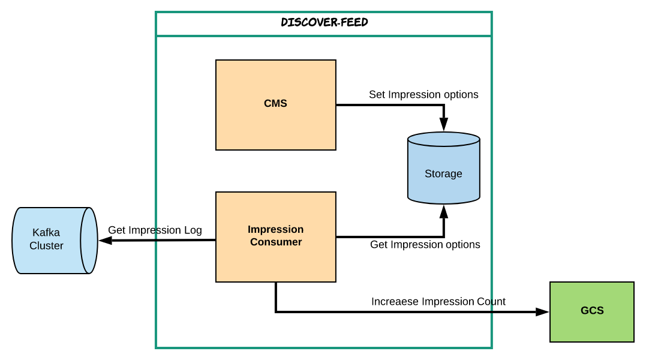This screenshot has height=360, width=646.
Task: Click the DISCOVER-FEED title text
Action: click(324, 22)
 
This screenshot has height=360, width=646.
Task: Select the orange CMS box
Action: click(276, 105)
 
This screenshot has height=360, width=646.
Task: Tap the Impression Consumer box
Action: click(276, 237)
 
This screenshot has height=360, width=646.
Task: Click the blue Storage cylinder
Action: click(444, 168)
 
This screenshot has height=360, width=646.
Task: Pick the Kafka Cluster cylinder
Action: click(55, 241)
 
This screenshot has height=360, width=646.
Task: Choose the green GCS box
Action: click(592, 312)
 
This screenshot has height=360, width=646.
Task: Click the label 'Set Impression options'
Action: click(423, 95)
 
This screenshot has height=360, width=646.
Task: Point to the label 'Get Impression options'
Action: click(425, 245)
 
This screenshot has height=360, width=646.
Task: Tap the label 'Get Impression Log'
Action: click(155, 230)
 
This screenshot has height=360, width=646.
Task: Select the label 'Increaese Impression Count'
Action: click(438, 302)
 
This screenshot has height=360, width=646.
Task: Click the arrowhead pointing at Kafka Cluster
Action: click(106, 240)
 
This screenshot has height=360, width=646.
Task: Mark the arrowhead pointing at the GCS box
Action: click(542, 312)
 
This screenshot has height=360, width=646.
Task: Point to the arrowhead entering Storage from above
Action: click(444, 124)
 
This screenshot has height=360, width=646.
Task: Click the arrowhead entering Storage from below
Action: click(444, 212)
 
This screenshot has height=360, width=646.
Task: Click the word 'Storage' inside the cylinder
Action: click(443, 174)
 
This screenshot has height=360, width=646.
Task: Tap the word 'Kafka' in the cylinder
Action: click(46, 233)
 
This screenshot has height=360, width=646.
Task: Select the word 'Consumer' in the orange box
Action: click(276, 242)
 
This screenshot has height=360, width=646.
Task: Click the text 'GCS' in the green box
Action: click(592, 311)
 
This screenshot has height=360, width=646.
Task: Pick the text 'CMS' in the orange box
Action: click(276, 103)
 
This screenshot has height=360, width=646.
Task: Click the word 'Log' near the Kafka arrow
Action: click(193, 230)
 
